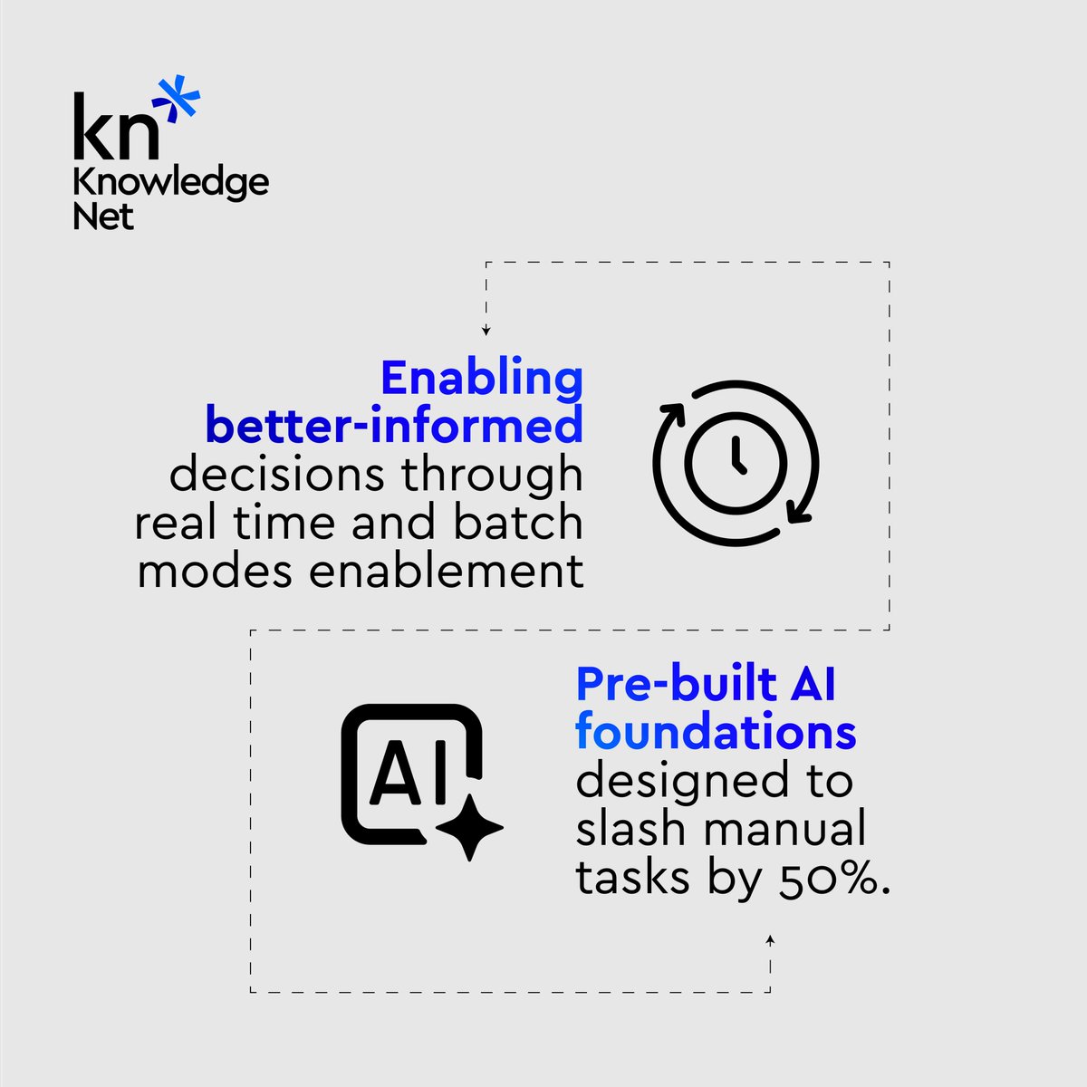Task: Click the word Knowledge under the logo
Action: [170, 183]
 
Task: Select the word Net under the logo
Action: [103, 217]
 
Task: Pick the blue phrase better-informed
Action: [395, 426]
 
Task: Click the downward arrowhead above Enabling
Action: [486, 331]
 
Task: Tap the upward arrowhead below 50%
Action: [770, 941]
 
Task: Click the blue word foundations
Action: [716, 733]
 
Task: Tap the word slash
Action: [630, 829]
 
